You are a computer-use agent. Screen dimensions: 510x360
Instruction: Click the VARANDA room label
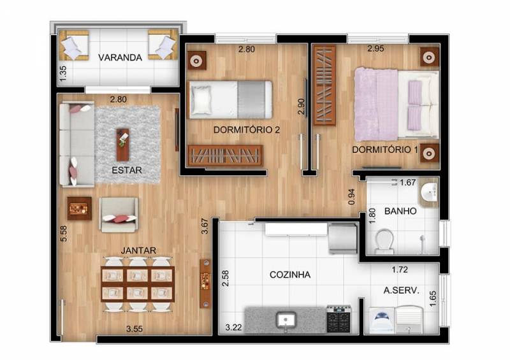click(120, 57)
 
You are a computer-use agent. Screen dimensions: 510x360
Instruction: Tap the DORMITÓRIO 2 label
click(247, 130)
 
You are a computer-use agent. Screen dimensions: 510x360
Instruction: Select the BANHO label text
click(400, 211)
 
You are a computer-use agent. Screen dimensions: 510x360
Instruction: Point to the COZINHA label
click(290, 275)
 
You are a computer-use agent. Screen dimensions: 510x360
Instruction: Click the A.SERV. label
click(401, 290)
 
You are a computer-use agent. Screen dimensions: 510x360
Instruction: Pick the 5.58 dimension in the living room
click(64, 233)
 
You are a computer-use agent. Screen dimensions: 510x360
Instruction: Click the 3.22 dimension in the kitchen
click(233, 327)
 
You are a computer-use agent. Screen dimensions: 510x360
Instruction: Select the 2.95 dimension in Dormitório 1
click(375, 48)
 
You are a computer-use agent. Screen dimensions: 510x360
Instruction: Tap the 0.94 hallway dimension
click(352, 197)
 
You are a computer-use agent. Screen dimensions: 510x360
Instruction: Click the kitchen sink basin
click(286, 320)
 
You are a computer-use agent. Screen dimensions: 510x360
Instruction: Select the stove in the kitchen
click(339, 319)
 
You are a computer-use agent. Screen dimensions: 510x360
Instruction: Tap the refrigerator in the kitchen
click(343, 238)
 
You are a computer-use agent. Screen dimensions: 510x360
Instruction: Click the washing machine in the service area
click(382, 320)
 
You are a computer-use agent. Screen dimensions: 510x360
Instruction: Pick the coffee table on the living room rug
click(122, 145)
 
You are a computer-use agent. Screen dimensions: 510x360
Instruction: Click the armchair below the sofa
click(119, 215)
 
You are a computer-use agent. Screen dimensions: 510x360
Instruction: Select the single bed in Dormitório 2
click(230, 99)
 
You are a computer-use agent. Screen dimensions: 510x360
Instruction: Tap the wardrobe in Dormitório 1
click(324, 85)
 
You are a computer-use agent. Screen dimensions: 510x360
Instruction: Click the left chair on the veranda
click(73, 45)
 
